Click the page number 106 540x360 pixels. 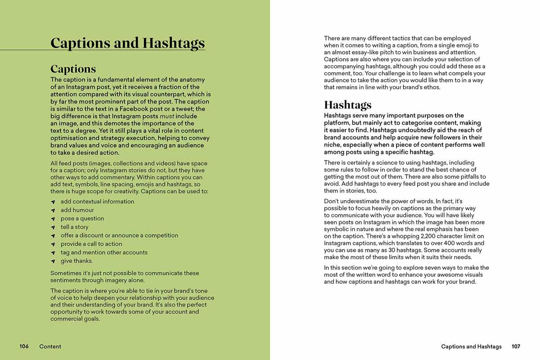[24, 346]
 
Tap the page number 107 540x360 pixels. [516, 346]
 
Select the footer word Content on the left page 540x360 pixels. [50, 346]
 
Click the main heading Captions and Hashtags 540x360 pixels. [127, 43]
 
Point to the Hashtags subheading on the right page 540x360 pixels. [348, 105]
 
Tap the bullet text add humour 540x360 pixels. [77, 210]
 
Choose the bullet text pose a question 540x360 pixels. [82, 219]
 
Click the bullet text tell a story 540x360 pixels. [75, 227]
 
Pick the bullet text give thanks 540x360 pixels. [76, 261]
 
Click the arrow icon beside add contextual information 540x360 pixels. [53, 202]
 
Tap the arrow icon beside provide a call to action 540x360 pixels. [53, 244]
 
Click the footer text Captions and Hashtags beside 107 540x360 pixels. [471, 346]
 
